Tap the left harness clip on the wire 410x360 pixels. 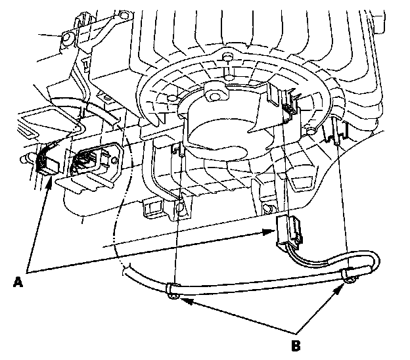pos(171,290)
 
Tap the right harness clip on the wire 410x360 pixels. pos(346,275)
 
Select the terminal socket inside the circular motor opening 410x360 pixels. pos(287,105)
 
